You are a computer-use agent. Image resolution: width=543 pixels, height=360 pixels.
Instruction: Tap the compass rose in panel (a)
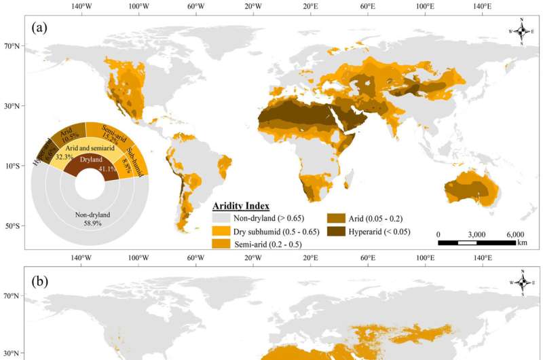click(521, 31)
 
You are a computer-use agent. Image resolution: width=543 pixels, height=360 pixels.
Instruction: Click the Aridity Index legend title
click(242, 206)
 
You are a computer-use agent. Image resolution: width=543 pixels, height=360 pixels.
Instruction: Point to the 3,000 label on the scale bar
click(476, 234)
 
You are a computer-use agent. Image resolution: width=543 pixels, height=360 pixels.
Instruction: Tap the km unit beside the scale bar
click(521, 242)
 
